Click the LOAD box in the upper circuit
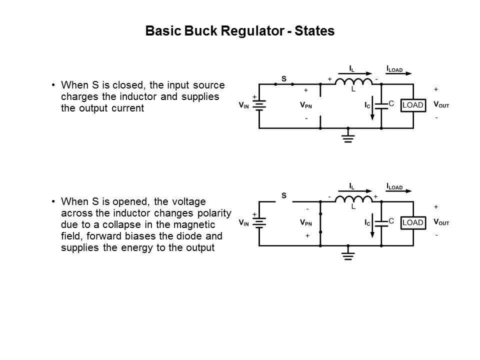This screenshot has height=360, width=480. pos(413,105)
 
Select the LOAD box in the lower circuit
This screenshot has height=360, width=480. pos(413,221)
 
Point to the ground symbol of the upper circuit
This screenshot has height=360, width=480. pos(348,136)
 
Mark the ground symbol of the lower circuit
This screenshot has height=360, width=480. pos(348,254)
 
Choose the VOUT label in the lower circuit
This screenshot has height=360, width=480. pos(441,221)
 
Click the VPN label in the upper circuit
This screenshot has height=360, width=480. pos(306,105)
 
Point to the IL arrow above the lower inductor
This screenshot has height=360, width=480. pos(354,190)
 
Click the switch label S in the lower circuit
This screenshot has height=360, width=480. pos(283,195)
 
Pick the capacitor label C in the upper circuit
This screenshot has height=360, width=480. pos(391,103)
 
